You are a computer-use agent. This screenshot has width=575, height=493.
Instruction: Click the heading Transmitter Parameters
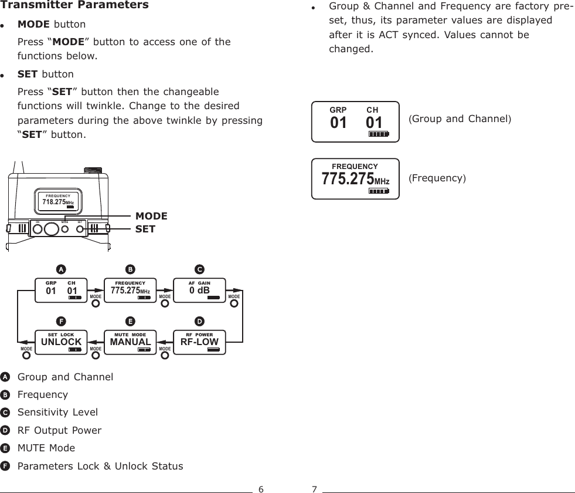pyautogui.click(x=76, y=6)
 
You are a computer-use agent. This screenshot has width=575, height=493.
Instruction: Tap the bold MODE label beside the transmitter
pyautogui.click(x=151, y=216)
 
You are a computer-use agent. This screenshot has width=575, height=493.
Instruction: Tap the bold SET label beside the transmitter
pyautogui.click(x=145, y=229)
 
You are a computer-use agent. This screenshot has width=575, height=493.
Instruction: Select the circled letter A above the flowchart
pyautogui.click(x=60, y=269)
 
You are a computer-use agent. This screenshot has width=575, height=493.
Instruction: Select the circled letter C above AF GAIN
pyautogui.click(x=199, y=269)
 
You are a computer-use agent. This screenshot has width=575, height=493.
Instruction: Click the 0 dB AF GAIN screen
pyautogui.click(x=199, y=290)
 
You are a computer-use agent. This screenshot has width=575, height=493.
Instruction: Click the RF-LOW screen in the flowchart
pyautogui.click(x=199, y=342)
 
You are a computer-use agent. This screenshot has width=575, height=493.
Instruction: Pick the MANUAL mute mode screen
pyautogui.click(x=130, y=342)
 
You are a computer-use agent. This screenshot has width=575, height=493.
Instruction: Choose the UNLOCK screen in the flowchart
pyautogui.click(x=60, y=342)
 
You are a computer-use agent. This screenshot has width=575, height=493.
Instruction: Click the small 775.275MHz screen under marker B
pyautogui.click(x=130, y=290)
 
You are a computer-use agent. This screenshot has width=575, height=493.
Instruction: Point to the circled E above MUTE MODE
pyautogui.click(x=130, y=321)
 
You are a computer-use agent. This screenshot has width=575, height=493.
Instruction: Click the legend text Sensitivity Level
pyautogui.click(x=57, y=412)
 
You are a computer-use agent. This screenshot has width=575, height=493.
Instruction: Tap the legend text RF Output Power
pyautogui.click(x=59, y=430)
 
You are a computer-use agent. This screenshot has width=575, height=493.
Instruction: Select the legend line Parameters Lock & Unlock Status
pyautogui.click(x=100, y=466)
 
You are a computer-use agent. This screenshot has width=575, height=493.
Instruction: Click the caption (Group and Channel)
pyautogui.click(x=460, y=119)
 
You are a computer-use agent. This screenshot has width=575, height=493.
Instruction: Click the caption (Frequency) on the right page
pyautogui.click(x=437, y=177)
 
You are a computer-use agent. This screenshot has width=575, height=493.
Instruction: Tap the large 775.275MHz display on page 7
pyautogui.click(x=355, y=178)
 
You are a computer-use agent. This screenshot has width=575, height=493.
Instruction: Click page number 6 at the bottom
pyautogui.click(x=261, y=489)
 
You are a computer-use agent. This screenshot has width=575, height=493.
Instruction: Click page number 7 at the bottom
pyautogui.click(x=314, y=489)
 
